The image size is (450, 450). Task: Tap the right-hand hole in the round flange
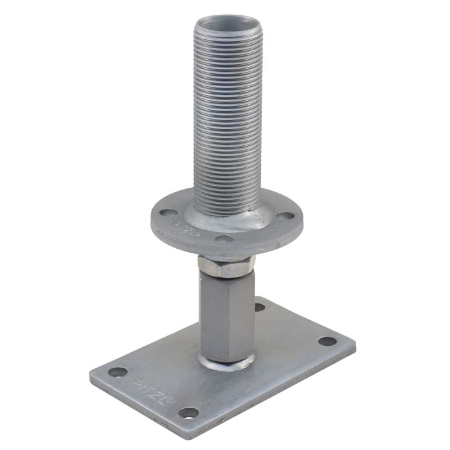282,217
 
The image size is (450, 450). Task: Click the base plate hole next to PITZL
118,372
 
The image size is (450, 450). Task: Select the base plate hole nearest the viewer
188,412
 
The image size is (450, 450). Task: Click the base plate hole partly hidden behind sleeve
259,307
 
